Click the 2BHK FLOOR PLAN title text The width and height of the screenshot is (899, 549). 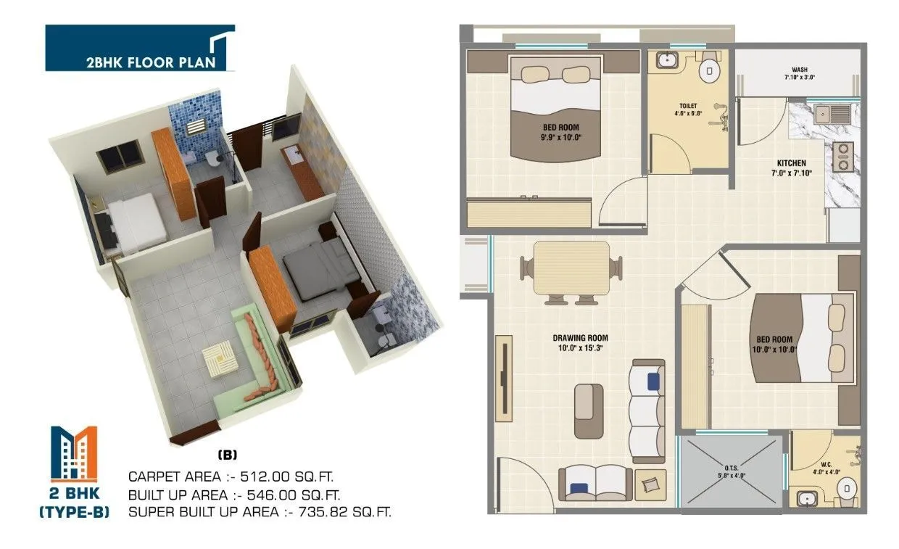tap(151, 62)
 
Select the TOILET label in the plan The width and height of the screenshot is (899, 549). tap(688, 106)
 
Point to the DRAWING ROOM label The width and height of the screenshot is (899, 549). tap(580, 338)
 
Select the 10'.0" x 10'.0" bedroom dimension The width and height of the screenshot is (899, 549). tap(776, 349)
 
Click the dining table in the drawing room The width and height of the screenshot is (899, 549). tap(571, 267)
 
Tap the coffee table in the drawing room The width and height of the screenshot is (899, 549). tap(588, 410)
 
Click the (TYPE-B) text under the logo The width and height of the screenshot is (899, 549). tap(74, 513)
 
